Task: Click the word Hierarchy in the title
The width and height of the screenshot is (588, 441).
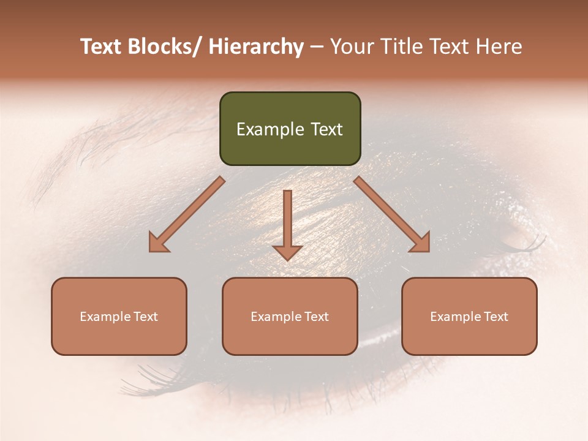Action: (256, 47)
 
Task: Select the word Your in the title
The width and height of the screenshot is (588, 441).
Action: (350, 47)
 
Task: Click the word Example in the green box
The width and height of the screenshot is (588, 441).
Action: (270, 129)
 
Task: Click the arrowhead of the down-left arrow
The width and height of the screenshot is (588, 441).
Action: (157, 243)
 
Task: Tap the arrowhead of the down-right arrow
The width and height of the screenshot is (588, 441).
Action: (421, 243)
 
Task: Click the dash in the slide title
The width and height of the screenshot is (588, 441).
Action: (317, 47)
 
